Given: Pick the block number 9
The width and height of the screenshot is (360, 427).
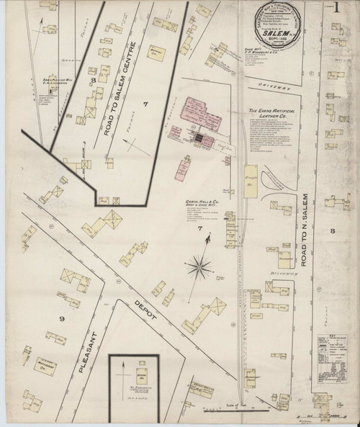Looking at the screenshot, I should coord(62,318).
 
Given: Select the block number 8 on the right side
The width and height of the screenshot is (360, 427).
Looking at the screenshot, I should coord(332,230).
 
